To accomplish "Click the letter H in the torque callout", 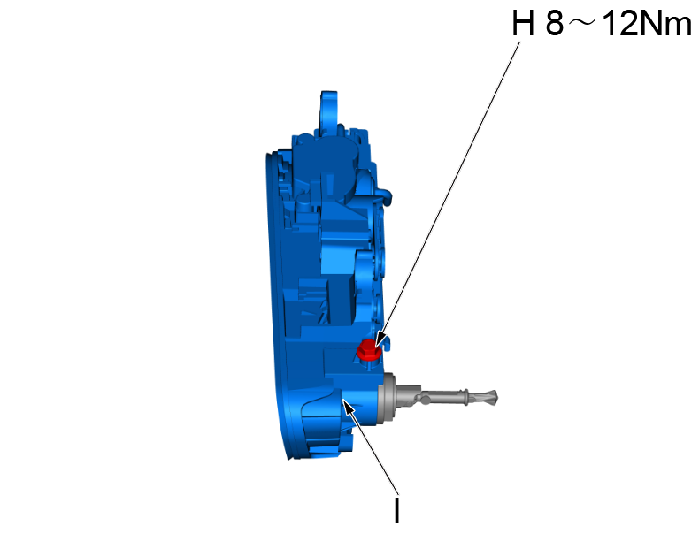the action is click(x=522, y=24).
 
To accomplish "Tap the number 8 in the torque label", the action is click(x=555, y=24).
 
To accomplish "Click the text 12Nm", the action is click(x=647, y=24).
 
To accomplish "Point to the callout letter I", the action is click(x=396, y=510).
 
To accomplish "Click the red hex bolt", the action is click(x=368, y=349).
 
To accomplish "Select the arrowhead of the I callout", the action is click(x=348, y=406).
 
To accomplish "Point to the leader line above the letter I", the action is click(x=372, y=447).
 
